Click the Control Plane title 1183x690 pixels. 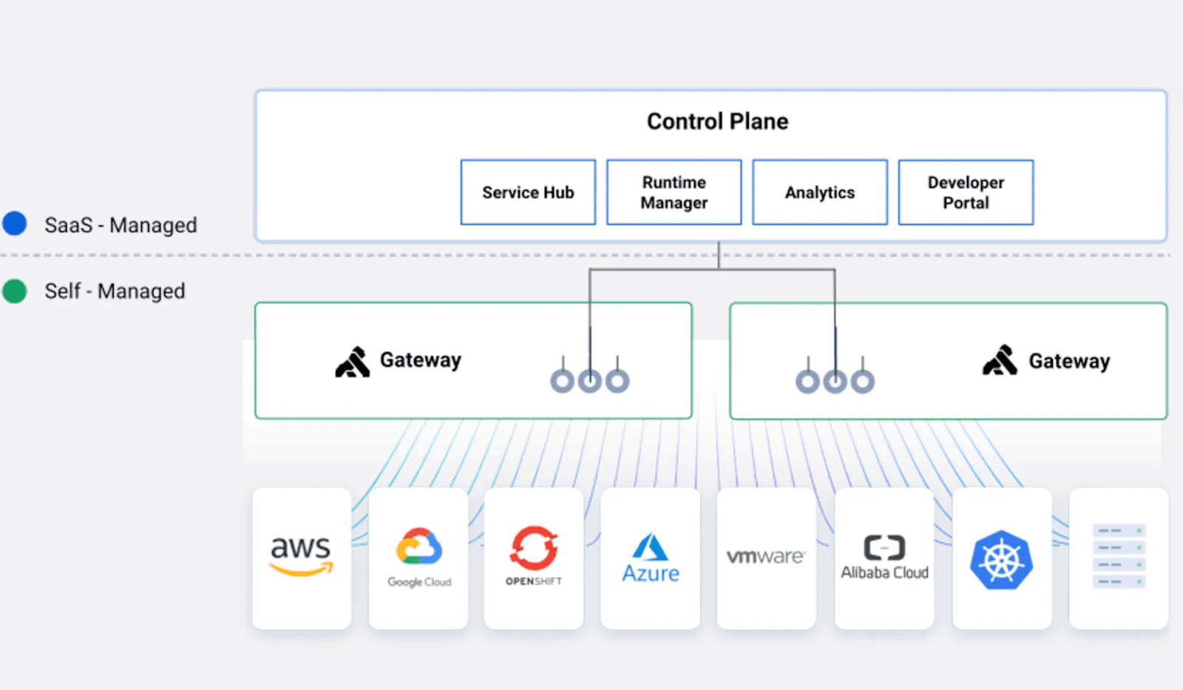(x=717, y=121)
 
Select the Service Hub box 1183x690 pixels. (x=528, y=192)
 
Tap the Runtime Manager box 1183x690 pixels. (x=674, y=192)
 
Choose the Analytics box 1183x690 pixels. (x=819, y=192)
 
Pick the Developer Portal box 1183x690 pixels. (x=966, y=192)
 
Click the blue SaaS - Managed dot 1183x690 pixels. (x=15, y=223)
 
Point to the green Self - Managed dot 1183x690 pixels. (x=15, y=291)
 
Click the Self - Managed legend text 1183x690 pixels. (x=115, y=291)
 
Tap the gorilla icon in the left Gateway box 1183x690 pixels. (x=353, y=362)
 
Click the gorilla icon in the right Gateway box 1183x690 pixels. (x=1000, y=361)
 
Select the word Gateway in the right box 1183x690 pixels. (x=1069, y=362)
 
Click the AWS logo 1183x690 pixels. (x=301, y=555)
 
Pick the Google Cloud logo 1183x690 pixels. (x=419, y=557)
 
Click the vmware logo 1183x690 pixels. (x=765, y=556)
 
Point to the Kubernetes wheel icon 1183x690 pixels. (x=1001, y=560)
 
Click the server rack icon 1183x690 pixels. (x=1119, y=556)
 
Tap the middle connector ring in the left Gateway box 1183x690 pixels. (x=590, y=381)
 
